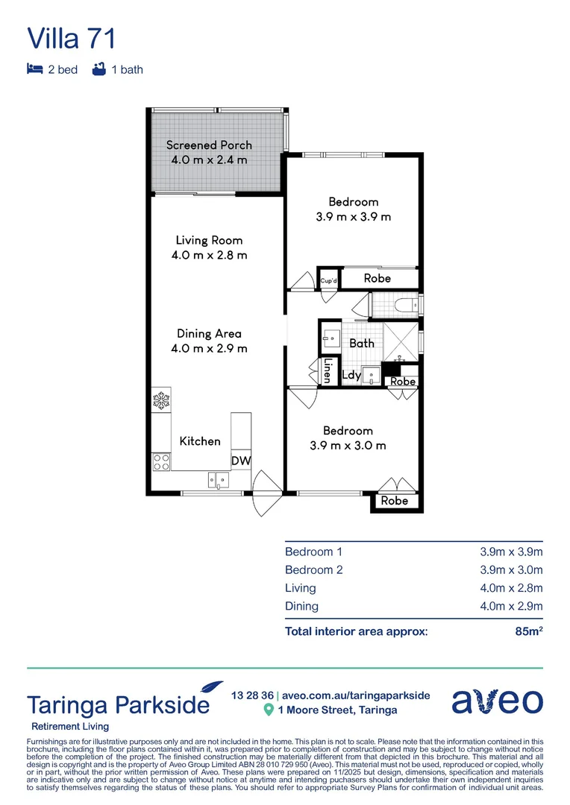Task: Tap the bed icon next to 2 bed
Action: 34,70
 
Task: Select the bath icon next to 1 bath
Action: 98,70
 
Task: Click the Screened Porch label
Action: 209,145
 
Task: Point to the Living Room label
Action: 209,241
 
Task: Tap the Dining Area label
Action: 209,334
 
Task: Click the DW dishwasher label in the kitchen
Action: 240,461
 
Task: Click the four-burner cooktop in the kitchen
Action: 160,462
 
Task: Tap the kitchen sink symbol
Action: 217,480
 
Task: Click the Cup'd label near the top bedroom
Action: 329,280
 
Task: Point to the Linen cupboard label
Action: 327,370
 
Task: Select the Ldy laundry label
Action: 351,376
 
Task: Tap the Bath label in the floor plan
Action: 362,344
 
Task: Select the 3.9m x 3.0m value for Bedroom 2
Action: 510,570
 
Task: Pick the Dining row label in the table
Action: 301,607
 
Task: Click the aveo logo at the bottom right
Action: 497,701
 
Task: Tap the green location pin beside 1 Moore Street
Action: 269,710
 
